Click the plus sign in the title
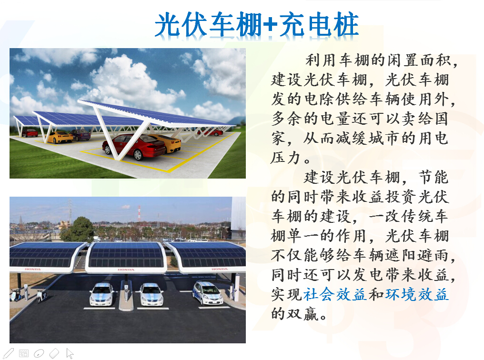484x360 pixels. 270,25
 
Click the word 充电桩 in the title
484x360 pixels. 318,24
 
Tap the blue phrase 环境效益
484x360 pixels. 417,294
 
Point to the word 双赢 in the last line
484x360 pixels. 303,314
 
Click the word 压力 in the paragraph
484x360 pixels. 286,158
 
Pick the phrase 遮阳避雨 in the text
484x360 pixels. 416,255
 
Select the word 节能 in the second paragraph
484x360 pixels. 433,177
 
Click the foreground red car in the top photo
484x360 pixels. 134,147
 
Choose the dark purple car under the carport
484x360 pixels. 80,135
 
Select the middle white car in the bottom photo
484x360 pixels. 151,295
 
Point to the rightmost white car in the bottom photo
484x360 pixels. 207,293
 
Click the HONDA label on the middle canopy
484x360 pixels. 126,270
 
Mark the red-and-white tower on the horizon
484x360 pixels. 139,213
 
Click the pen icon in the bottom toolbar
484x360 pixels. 8,353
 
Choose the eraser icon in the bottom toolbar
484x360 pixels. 54,353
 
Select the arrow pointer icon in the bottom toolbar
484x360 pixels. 70,353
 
